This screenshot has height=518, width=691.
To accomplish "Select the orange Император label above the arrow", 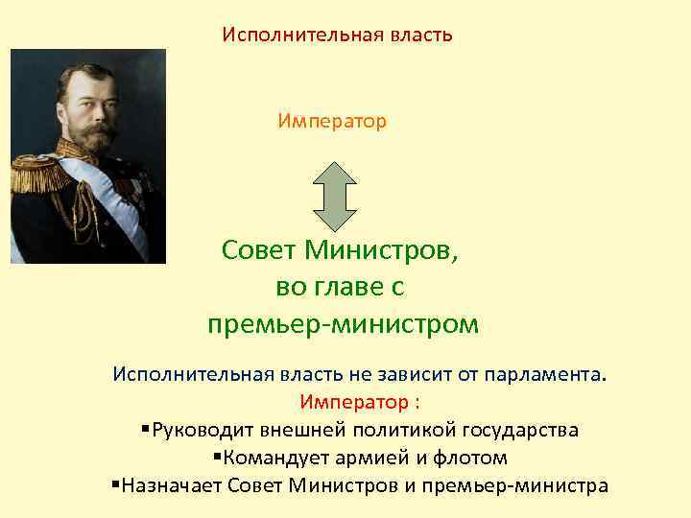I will (x=332, y=122).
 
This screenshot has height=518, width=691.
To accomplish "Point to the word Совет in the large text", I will (x=259, y=250).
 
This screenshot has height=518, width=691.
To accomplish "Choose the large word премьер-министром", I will (x=342, y=324).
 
